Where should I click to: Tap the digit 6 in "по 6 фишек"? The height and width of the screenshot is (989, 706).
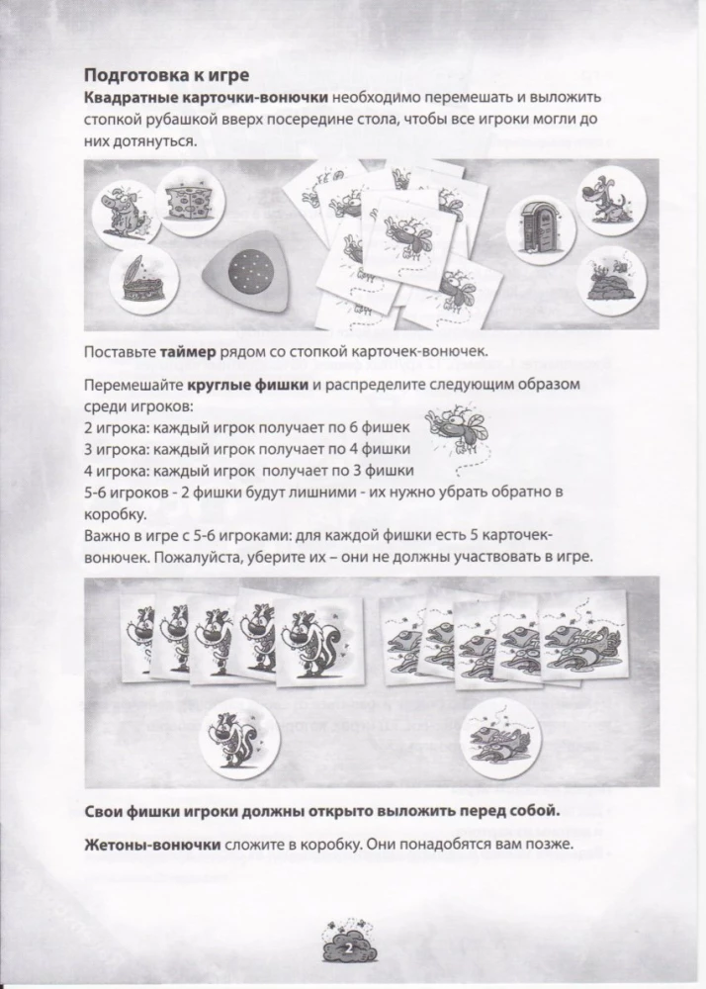pos(324,426)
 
